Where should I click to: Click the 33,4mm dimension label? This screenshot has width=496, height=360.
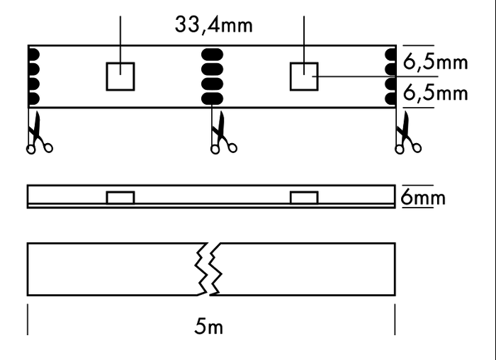(213, 26)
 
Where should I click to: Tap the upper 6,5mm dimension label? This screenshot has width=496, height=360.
(435, 62)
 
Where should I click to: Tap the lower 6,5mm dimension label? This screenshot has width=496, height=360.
(435, 93)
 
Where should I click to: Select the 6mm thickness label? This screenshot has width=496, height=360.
(423, 197)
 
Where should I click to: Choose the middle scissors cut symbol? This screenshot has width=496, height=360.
(222, 135)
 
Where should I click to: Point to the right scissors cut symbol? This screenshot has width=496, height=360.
(407, 135)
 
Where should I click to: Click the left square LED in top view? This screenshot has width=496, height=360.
(120, 77)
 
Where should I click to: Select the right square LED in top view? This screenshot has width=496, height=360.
(305, 77)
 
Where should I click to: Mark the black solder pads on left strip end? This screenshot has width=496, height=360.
(33, 77)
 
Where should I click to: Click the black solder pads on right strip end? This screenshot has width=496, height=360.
(390, 77)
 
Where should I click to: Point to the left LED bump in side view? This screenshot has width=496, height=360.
(120, 197)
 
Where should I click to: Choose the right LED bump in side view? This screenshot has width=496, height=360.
(305, 197)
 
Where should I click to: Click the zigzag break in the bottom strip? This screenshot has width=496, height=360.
(208, 269)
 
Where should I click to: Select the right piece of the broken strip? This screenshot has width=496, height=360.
(305, 269)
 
